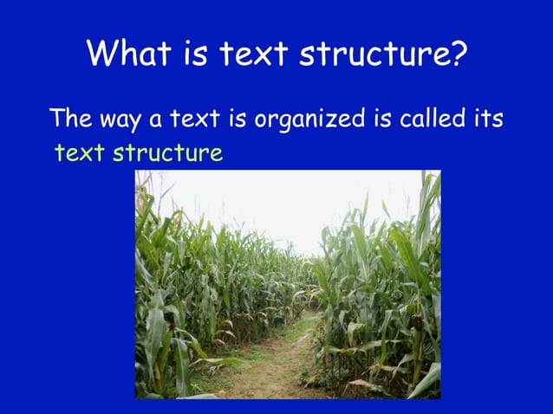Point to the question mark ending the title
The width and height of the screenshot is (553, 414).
pos(459,55)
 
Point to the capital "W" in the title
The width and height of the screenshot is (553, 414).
pos(102,55)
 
